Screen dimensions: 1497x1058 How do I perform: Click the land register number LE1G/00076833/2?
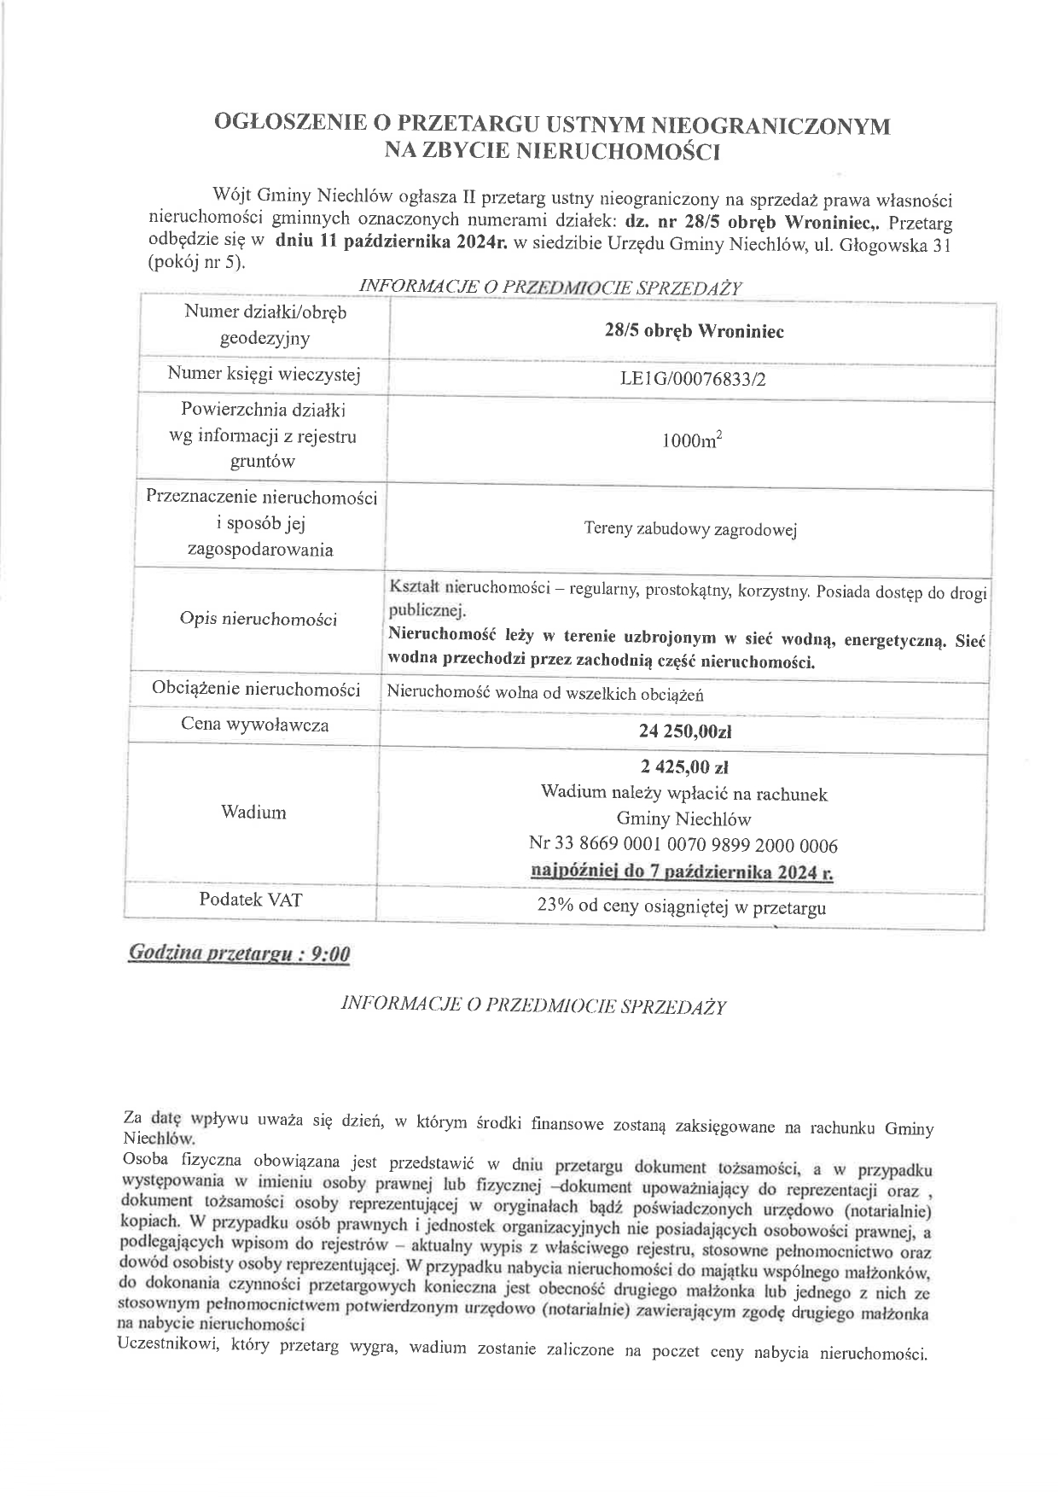click(x=693, y=380)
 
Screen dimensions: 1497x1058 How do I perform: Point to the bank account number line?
click(x=683, y=846)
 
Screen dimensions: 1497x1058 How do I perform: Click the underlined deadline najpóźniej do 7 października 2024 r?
click(x=683, y=873)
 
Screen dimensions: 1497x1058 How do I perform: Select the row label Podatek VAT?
click(x=250, y=900)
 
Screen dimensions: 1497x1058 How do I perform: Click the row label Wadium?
click(x=253, y=813)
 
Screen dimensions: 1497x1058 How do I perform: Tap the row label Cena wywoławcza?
click(x=254, y=725)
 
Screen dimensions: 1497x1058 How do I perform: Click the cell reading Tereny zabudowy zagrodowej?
click(x=689, y=530)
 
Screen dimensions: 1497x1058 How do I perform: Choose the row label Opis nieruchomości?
click(x=259, y=620)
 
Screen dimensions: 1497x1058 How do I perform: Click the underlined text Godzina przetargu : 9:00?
click(x=238, y=953)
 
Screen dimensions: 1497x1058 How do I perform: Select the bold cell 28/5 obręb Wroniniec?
click(x=693, y=332)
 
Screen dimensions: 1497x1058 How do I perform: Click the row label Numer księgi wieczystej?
click(x=264, y=374)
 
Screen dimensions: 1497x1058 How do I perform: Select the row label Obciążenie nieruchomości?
click(x=256, y=690)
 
